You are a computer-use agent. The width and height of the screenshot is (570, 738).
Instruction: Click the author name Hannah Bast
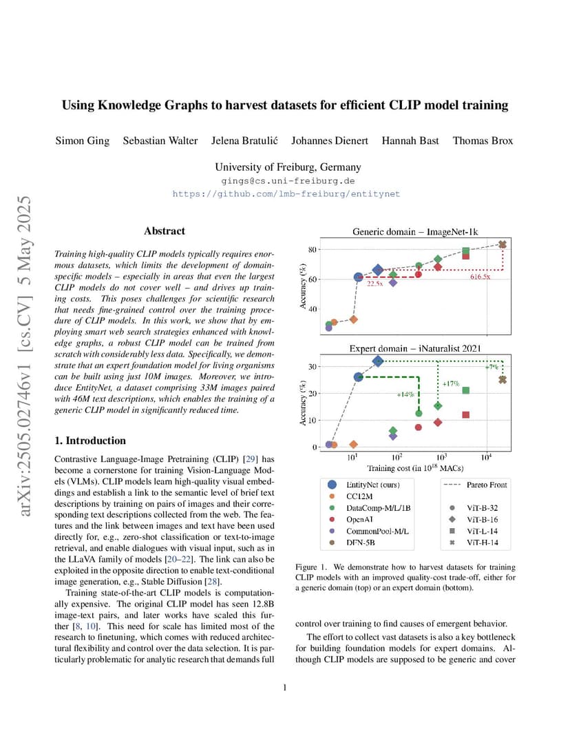pos(410,140)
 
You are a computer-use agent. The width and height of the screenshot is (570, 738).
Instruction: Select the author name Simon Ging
pos(83,141)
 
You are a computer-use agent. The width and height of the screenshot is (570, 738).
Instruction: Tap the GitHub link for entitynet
pos(286,194)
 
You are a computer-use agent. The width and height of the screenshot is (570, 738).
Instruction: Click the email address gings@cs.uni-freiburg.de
pos(288,181)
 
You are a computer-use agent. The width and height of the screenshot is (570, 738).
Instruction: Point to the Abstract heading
pos(165,231)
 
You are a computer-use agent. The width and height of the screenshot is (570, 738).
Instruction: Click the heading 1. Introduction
pos(90,441)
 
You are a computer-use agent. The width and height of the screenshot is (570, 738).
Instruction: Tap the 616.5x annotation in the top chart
pos(480,277)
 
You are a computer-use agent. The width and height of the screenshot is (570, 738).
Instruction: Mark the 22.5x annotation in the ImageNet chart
pos(375,284)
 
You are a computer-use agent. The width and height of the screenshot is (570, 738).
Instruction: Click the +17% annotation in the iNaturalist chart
pos(450,383)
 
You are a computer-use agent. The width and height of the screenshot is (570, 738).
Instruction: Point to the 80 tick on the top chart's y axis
pos(312,249)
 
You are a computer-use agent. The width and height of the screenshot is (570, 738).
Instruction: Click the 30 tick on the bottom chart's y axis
pos(312,367)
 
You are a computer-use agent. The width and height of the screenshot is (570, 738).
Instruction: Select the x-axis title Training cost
pos(415,468)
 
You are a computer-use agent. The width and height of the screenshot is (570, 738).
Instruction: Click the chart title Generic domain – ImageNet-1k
pos(415,231)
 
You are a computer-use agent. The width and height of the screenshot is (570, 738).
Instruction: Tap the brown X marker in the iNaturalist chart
pos(503,379)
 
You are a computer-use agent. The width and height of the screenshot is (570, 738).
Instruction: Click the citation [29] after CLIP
pos(251,459)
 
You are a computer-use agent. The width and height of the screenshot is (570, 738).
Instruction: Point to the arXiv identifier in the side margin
pos(24,356)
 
